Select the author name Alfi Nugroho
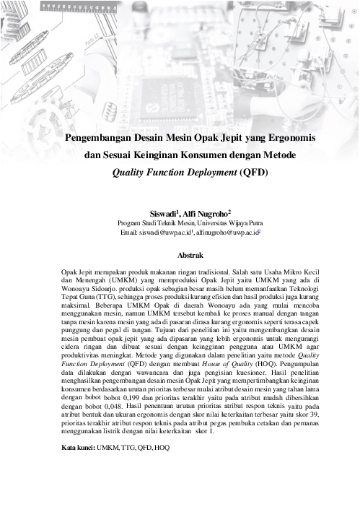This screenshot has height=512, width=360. [x=208, y=214]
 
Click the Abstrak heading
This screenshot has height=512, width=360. [x=180, y=255]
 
